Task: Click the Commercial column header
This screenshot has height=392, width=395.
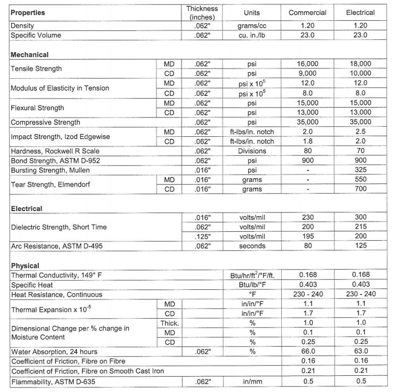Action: pos(307,13)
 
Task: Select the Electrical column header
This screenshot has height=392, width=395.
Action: pos(360,13)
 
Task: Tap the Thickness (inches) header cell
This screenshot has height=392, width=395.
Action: pos(202,13)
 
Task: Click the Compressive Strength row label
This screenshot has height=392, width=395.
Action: pos(45,122)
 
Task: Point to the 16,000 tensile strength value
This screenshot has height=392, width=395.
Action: pos(307,64)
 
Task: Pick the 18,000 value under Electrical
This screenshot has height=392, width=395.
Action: pos(360,64)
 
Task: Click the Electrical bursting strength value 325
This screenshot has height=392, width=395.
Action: pos(360,170)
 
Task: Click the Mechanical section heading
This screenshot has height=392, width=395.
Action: pos(29,54)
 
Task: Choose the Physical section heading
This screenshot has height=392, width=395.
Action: pos(25,266)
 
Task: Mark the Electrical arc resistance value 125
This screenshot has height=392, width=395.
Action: pos(360,246)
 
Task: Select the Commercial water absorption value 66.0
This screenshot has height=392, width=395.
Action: pos(307,351)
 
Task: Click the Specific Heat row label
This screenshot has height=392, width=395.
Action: pos(32,285)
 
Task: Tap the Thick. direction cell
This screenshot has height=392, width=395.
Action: pos(169,323)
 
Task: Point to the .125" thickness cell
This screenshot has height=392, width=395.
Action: pos(202,236)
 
